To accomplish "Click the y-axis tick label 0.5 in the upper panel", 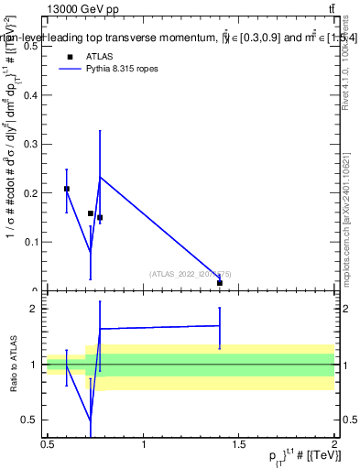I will (x=33, y=47).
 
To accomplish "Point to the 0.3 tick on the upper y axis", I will (x=33, y=144).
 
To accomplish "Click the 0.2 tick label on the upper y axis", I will (x=33, y=193).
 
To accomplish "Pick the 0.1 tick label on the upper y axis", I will (x=33, y=242).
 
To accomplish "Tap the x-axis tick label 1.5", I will (x=239, y=444).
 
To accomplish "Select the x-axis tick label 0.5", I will (x=48, y=444).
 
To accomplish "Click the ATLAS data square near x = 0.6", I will (x=67, y=189).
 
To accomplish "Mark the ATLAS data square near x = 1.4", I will (x=220, y=283).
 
